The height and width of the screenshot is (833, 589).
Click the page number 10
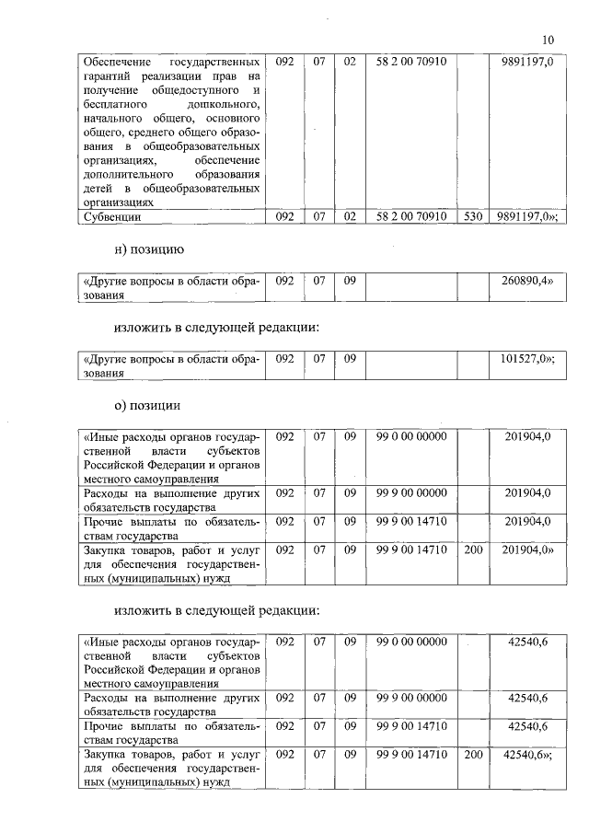(x=549, y=40)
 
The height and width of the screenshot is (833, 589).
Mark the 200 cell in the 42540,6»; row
(x=473, y=755)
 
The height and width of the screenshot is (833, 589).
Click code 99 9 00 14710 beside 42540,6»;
(x=411, y=755)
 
